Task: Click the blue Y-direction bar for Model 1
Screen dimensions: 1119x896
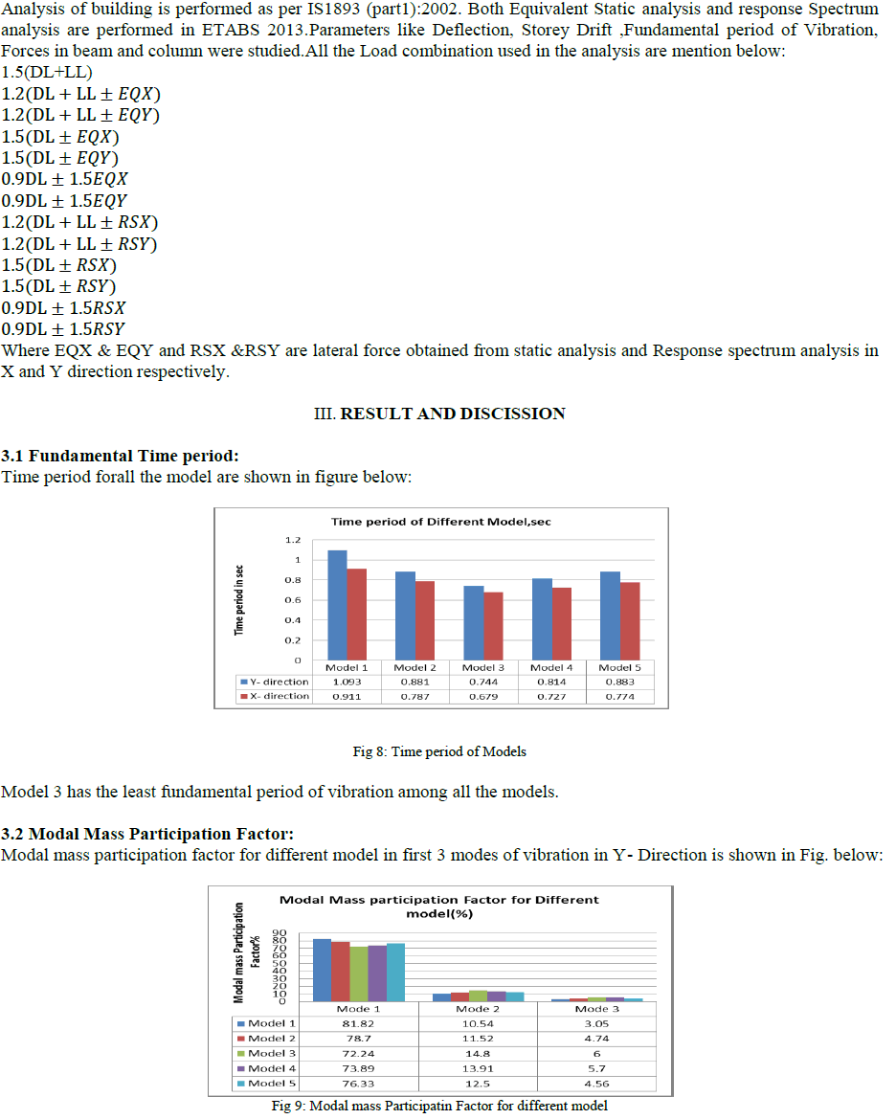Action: point(337,605)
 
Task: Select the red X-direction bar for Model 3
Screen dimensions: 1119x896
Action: point(492,626)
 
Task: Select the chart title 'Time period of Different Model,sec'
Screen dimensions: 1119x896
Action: point(440,522)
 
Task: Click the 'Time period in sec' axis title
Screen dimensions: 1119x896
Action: point(239,598)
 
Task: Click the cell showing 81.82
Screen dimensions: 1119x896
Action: point(359,1023)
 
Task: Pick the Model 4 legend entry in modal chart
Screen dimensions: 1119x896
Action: point(266,1068)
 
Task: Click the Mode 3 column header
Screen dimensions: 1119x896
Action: point(596,1008)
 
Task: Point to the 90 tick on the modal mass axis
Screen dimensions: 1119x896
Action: point(280,932)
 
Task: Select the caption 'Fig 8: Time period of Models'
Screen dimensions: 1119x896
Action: point(439,751)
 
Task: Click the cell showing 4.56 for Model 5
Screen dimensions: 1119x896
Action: point(596,1084)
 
